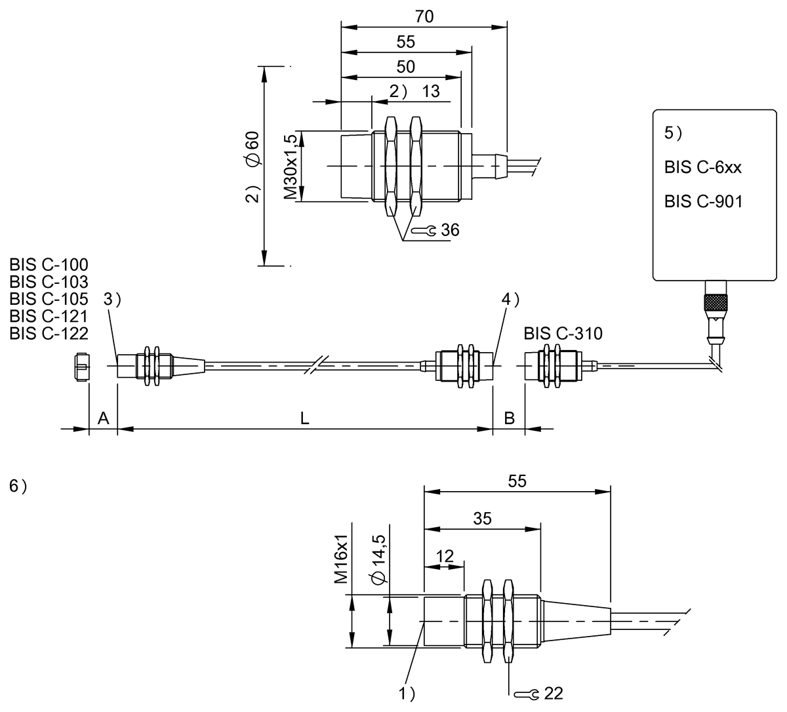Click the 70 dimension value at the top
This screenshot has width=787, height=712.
424,16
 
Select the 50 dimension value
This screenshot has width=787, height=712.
406,67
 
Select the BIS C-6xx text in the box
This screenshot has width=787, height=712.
702,167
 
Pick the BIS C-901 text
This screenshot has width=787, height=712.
703,201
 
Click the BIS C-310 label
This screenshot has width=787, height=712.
563,334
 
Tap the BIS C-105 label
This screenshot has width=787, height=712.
49,299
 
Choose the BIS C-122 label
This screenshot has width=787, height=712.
49,333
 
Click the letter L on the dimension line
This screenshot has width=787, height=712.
304,419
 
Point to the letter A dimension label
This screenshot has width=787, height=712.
103,419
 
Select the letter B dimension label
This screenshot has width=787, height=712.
509,419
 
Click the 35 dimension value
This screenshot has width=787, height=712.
482,519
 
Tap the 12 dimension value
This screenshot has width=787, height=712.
444,557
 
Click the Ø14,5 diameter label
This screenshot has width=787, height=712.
377,563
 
